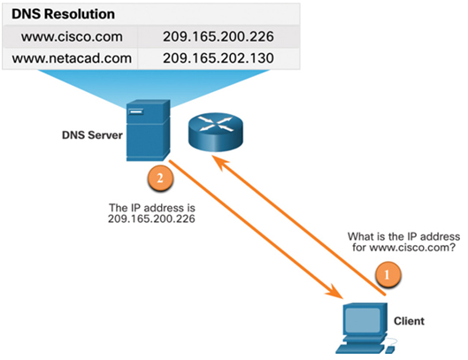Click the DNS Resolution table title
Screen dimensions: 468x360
pos(63,14)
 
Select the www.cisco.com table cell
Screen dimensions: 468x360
pos(72,37)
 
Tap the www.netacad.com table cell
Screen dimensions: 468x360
pos(72,58)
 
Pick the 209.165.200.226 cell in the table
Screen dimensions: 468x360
pos(219,37)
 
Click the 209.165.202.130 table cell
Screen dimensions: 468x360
pos(219,58)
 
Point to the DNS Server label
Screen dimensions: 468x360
pos(92,135)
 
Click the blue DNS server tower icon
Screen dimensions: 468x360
pos(148,130)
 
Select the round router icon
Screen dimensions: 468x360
pos(216,132)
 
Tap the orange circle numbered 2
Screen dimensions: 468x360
pos(160,178)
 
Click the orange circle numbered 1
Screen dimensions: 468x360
pos(387,274)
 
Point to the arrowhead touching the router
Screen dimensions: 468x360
pos(219,163)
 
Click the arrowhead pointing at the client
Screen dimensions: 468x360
pos(335,291)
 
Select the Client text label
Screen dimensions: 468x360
pos(409,321)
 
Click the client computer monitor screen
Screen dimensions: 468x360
pos(363,320)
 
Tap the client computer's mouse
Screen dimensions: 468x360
pos(390,349)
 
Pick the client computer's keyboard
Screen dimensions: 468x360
pos(360,349)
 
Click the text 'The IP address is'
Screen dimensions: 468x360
pos(152,208)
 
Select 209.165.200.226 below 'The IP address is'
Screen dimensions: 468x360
pos(151,218)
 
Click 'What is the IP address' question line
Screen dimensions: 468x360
pos(403,237)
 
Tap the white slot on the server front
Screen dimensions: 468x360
pos(136,112)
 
